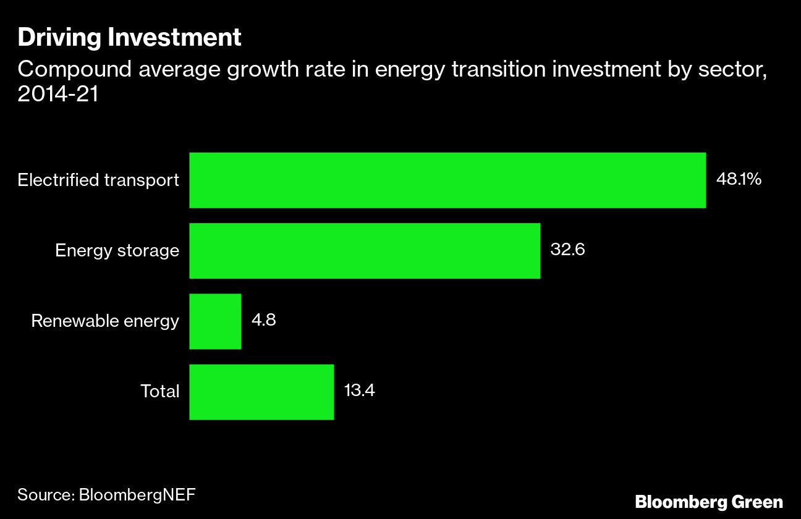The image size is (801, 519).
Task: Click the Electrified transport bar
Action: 447,180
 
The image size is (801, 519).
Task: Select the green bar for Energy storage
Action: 365,251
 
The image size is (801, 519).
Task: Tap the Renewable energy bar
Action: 215,321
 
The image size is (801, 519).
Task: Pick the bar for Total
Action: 261,392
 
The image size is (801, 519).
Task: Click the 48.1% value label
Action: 739,180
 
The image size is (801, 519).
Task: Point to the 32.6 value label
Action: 567,250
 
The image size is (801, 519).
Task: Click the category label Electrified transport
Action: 98,180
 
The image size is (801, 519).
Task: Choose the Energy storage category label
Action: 117,251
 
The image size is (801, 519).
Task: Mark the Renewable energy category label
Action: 105,321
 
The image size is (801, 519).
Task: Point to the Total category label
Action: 159,392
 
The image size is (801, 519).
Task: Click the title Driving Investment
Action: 129,38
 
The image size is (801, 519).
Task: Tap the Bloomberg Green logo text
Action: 709,501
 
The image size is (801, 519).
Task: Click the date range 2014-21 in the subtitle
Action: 58,96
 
